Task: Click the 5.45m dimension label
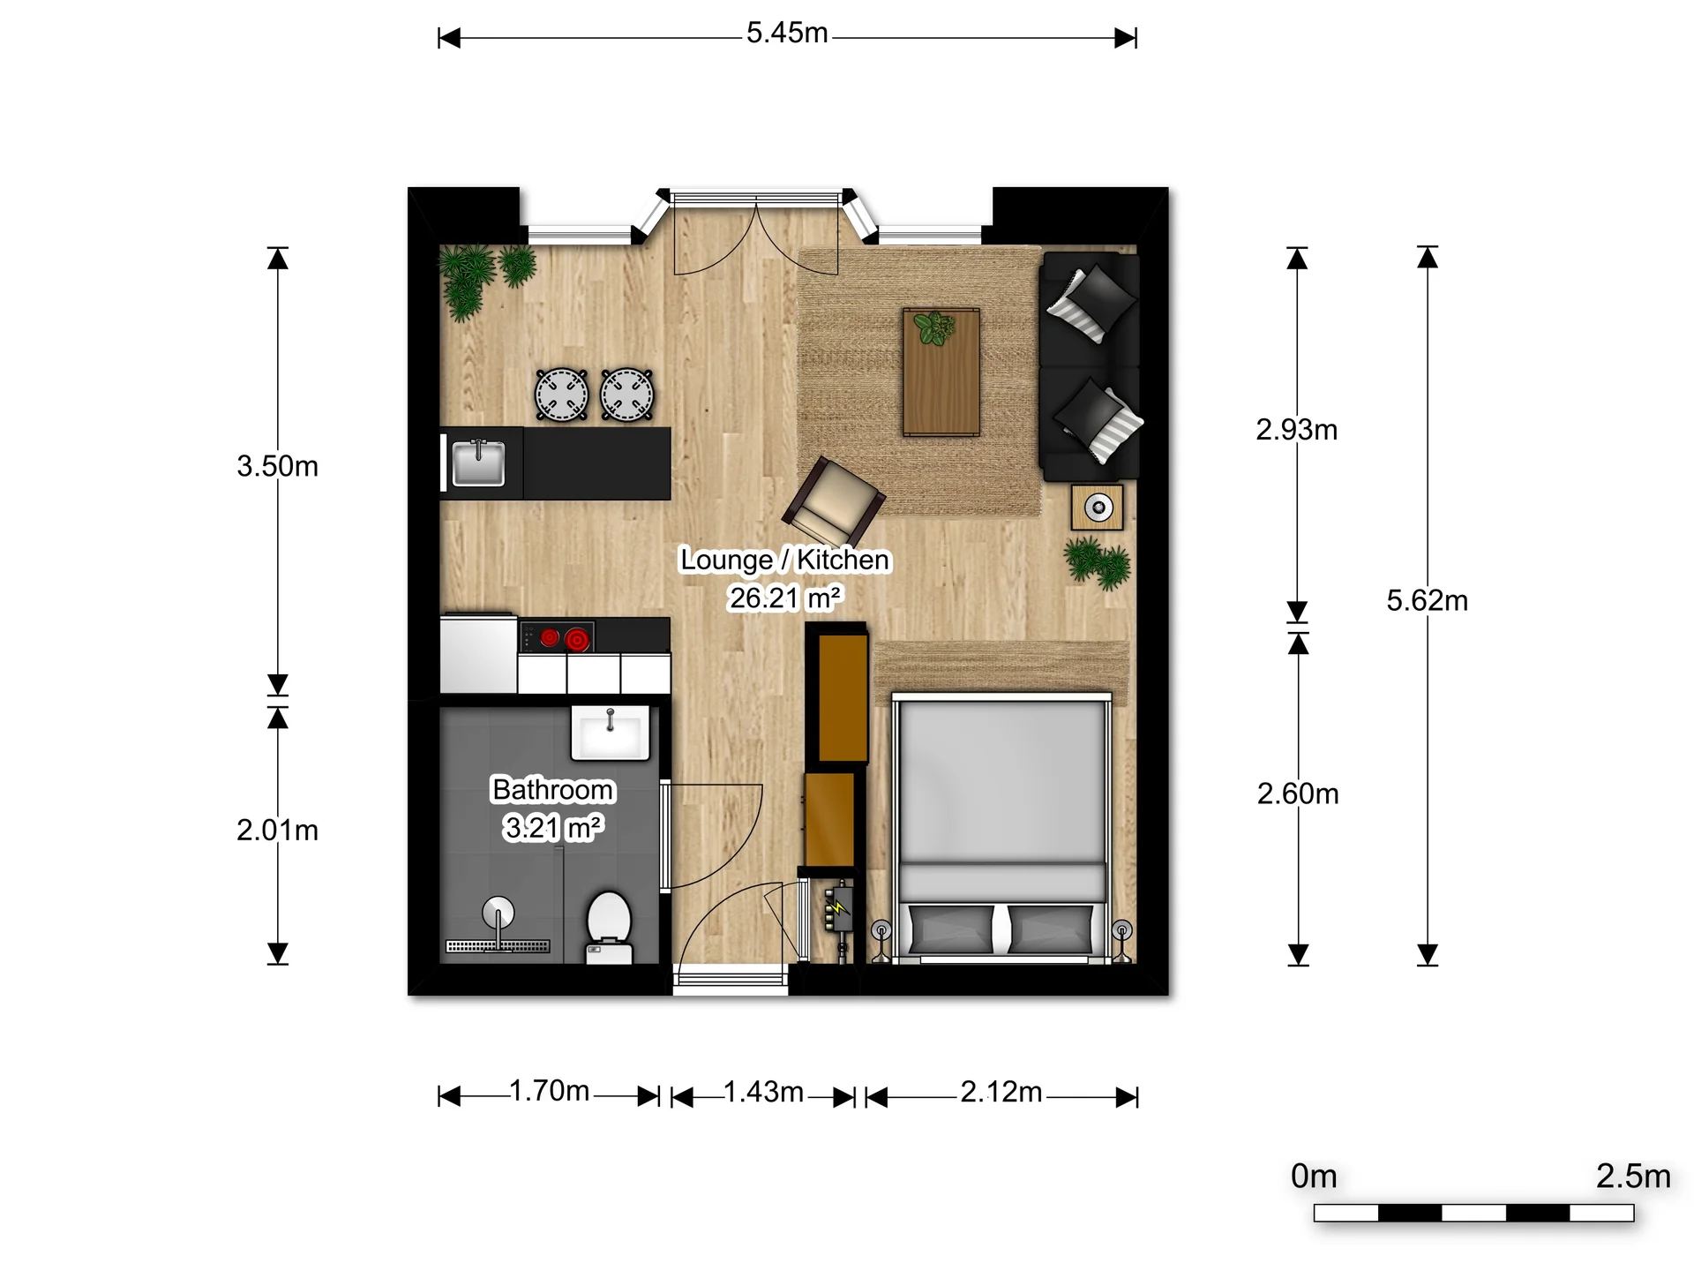[787, 34]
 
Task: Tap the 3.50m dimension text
[277, 466]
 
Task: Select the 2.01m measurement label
[277, 831]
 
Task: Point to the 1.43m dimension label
[763, 1093]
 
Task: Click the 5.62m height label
[1427, 601]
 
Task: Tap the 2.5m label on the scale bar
[1633, 1177]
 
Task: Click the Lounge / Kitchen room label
[784, 560]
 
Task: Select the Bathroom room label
[552, 789]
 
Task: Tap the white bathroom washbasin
[610, 732]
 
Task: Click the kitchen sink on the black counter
[478, 463]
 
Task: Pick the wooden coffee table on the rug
[941, 372]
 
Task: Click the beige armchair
[833, 502]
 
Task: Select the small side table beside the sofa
[1098, 508]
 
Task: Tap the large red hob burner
[578, 638]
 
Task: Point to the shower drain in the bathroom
[498, 946]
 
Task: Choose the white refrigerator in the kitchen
[478, 655]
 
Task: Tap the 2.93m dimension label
[1296, 430]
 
